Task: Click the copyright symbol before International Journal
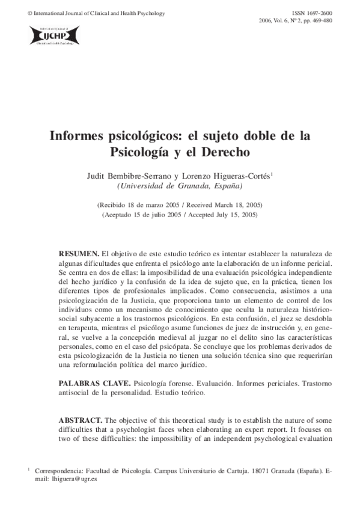(x=14, y=13)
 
